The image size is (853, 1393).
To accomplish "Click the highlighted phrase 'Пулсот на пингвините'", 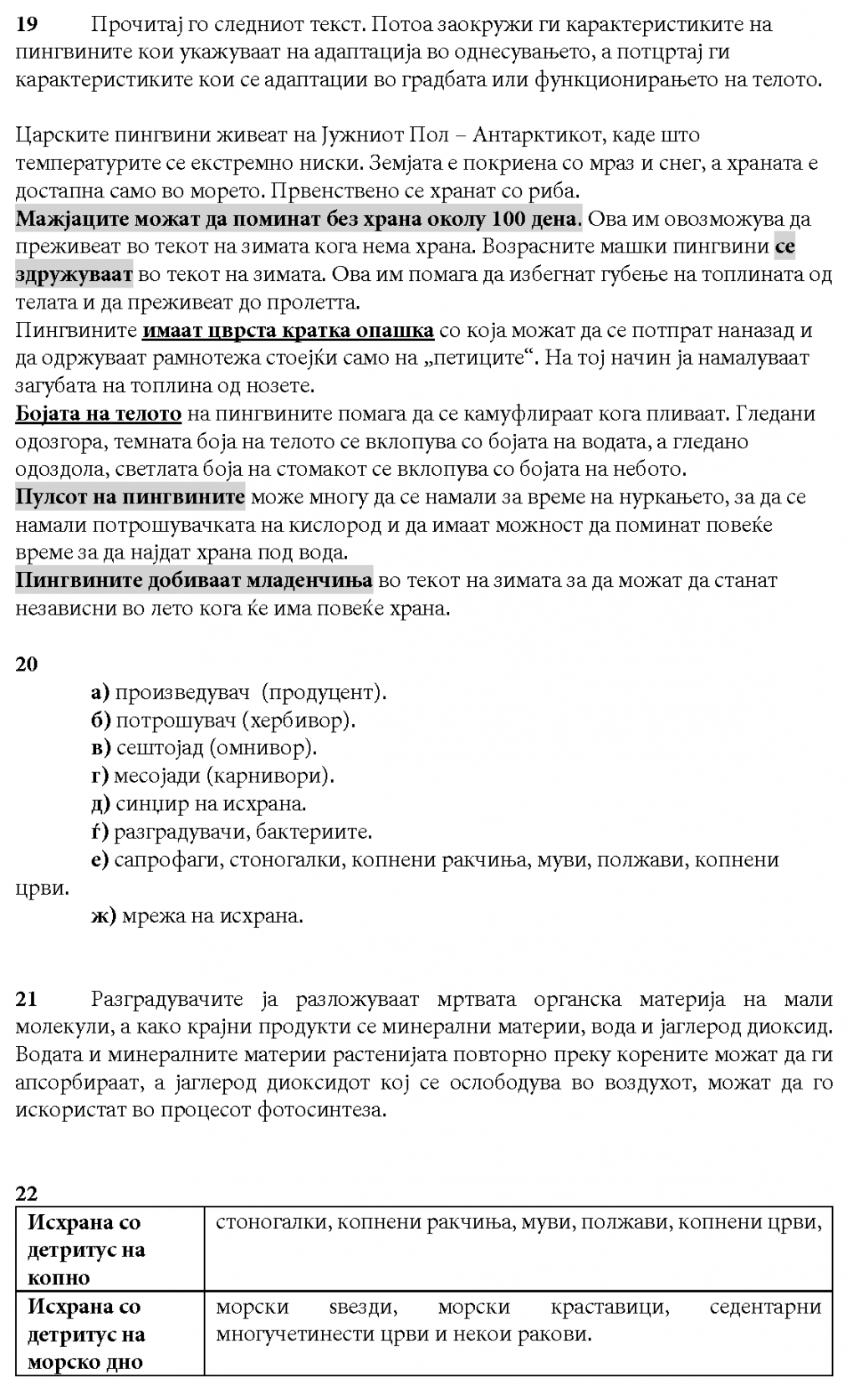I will (130, 497).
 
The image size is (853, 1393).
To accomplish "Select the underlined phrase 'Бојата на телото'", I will (99, 414).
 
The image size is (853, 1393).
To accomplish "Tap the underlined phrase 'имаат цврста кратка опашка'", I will (289, 330).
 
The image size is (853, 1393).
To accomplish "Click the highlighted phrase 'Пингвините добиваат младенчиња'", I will (193, 580).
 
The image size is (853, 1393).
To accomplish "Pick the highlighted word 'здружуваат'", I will (74, 274).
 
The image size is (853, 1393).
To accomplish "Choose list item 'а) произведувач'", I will (171, 692).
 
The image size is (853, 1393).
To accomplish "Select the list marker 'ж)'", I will (103, 916).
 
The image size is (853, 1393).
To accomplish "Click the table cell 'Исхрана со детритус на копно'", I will (110, 1249).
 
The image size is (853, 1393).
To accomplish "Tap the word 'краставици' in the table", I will (610, 1306).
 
